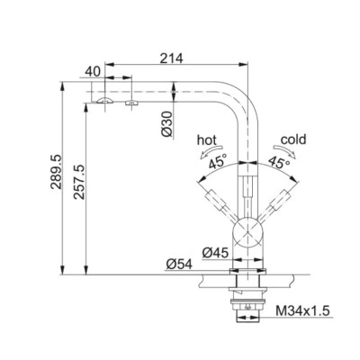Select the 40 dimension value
(x=92, y=72)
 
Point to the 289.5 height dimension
(x=56, y=172)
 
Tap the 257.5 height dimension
(x=79, y=182)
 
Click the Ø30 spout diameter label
(x=166, y=124)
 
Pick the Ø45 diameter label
(x=215, y=253)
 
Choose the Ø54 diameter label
(x=179, y=265)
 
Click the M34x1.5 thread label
(x=302, y=310)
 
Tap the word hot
(x=207, y=139)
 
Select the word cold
(x=293, y=139)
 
